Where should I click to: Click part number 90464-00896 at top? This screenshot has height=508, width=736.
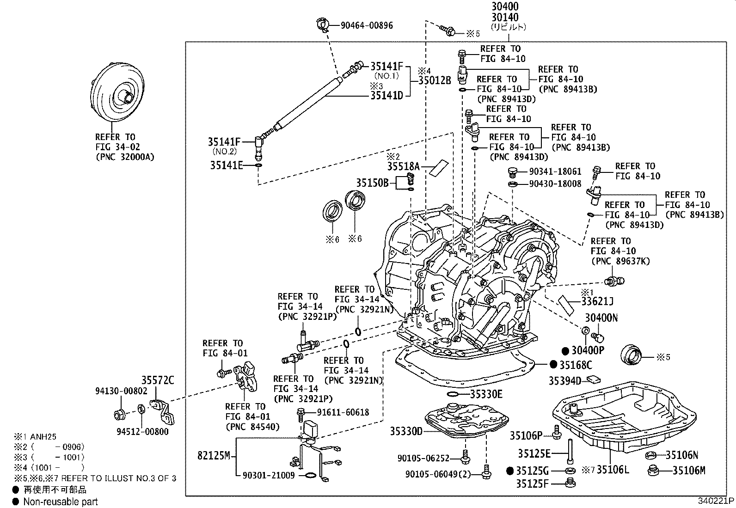point(367,25)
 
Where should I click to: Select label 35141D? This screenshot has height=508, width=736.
point(387,96)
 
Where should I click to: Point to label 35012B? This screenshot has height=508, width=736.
point(434,80)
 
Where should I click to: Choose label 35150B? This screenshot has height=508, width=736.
point(372,183)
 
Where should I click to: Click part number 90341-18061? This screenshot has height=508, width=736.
point(555,171)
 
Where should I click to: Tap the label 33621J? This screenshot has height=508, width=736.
point(597,302)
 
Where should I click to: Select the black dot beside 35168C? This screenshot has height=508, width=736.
point(553,365)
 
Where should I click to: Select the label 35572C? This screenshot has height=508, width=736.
point(158,380)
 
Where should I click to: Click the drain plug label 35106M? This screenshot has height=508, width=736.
point(688,471)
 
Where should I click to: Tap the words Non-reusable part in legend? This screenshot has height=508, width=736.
point(61,502)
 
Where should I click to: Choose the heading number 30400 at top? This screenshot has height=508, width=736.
point(504,7)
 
